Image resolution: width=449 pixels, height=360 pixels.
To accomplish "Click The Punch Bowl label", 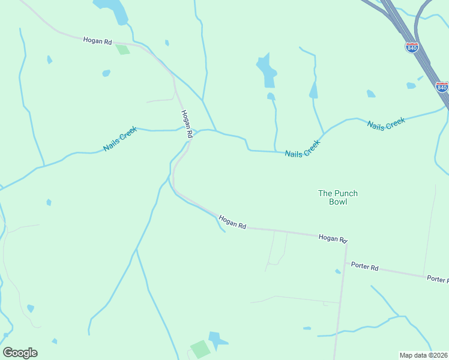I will [x=338, y=197].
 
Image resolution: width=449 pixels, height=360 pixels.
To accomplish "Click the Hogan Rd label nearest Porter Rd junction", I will [x=333, y=239].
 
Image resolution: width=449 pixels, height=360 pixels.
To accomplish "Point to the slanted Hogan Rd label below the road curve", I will [x=232, y=222].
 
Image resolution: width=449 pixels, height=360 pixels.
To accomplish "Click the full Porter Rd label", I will [x=365, y=266].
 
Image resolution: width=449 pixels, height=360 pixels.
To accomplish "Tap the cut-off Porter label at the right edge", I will [x=437, y=279].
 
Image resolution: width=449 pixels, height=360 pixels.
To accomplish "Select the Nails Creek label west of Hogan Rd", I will [x=120, y=139].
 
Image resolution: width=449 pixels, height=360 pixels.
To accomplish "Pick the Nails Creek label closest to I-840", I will [x=387, y=124].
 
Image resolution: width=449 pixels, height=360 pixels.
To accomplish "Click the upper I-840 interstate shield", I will [x=412, y=47].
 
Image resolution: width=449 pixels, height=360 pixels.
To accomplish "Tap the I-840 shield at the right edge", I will [x=442, y=86].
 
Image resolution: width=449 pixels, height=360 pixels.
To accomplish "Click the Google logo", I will [x=20, y=353].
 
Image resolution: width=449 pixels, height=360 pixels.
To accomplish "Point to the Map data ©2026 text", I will [x=423, y=355].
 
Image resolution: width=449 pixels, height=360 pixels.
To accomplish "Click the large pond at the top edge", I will [x=112, y=11].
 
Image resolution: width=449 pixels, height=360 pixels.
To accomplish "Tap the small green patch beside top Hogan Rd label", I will [x=123, y=49].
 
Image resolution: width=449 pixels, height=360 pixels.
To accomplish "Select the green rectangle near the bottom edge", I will [x=200, y=349].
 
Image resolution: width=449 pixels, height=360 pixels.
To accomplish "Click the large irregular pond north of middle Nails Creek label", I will [x=267, y=70].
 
